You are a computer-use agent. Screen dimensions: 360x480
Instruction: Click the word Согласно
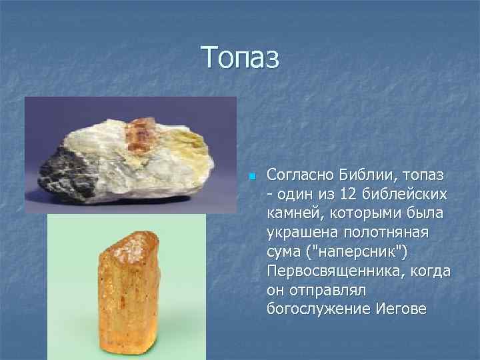pyautogui.click(x=297, y=175)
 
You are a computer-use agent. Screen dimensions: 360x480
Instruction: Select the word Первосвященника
pyautogui.click(x=340, y=272)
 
